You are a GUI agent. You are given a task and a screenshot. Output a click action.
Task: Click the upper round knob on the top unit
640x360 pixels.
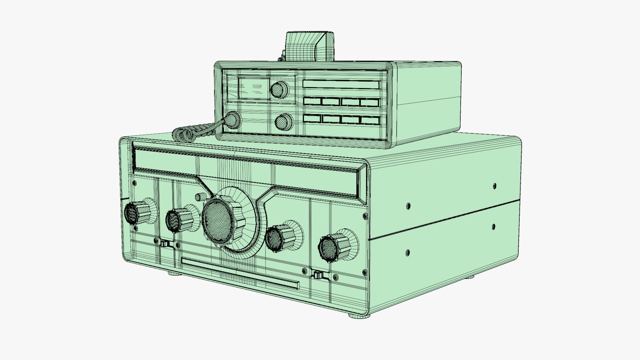pyautogui.click(x=279, y=89)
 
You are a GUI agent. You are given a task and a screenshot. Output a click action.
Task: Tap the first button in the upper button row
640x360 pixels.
pyautogui.click(x=312, y=101)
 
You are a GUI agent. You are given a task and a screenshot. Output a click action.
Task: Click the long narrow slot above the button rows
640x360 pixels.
pyautogui.click(x=341, y=84)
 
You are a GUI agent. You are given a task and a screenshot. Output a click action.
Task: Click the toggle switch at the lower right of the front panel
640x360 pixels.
pyautogui.click(x=318, y=275)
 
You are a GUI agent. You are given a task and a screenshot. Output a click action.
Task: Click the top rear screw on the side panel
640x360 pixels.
pyautogui.click(x=494, y=186)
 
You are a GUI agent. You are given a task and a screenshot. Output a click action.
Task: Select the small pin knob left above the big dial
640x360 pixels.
pyautogui.click(x=200, y=196)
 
